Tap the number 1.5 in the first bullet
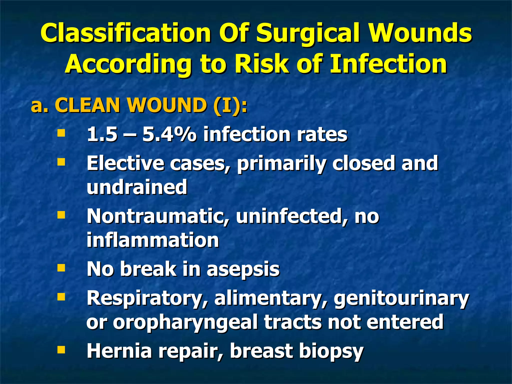coord(102,134)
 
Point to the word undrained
coord(137,187)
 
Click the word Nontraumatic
coord(158,216)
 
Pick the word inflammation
coord(153,240)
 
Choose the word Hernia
coord(119,351)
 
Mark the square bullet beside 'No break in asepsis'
coord(61,268)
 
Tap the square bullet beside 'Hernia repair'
coord(61,350)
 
